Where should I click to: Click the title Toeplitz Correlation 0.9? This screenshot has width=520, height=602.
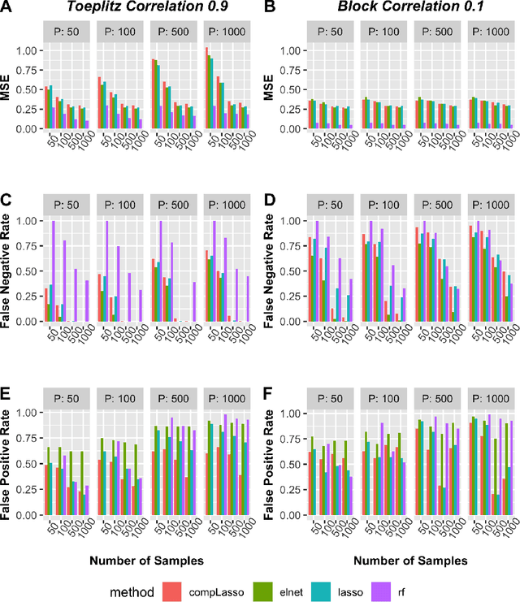(x=147, y=8)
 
